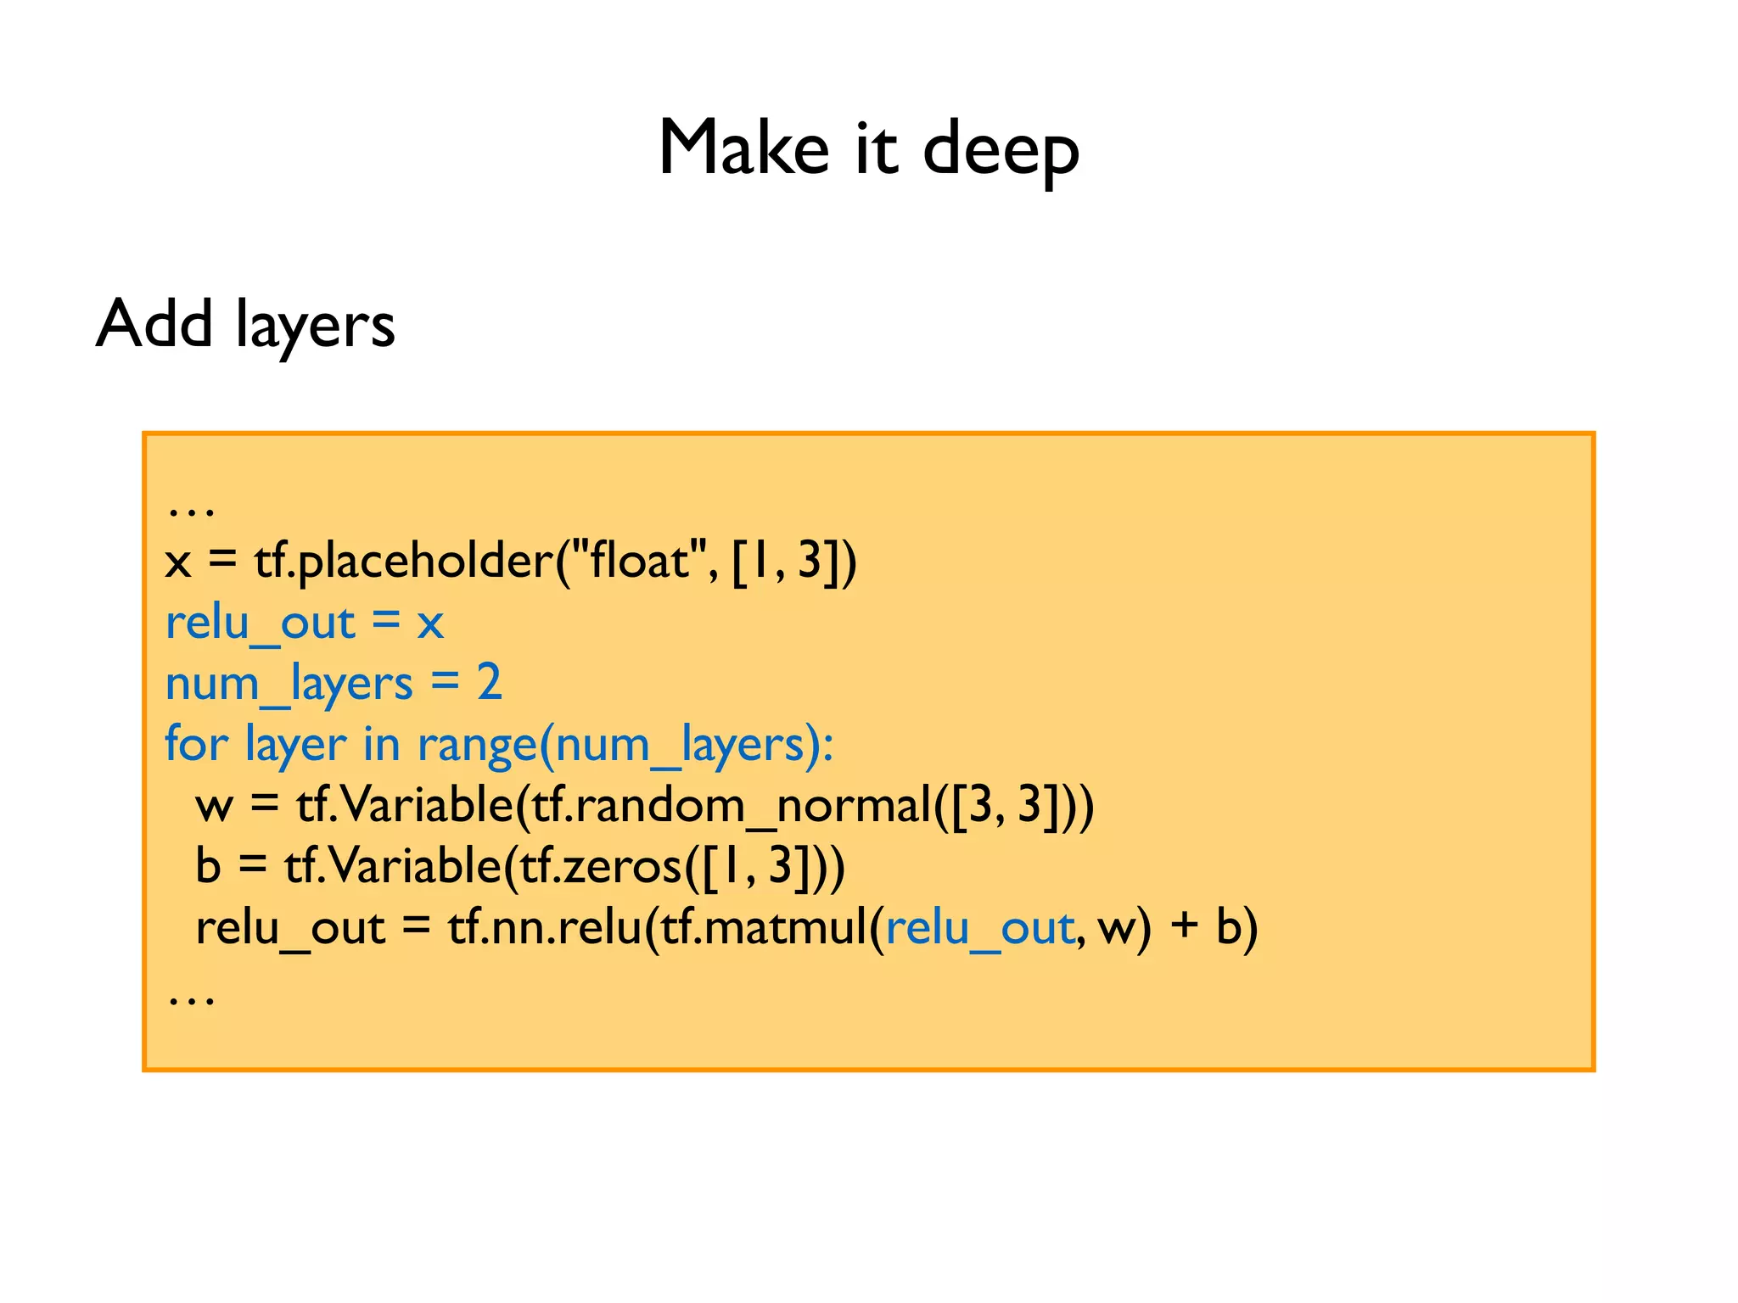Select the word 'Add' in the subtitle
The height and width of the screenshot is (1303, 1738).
(154, 323)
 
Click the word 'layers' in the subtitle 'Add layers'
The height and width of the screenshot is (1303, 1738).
(315, 327)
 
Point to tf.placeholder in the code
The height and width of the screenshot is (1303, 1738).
(404, 561)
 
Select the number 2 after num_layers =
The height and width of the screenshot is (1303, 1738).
(489, 682)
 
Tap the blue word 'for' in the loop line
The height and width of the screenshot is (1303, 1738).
(196, 744)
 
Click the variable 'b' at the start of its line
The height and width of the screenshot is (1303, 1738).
(208, 866)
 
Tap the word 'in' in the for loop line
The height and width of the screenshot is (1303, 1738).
(381, 744)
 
